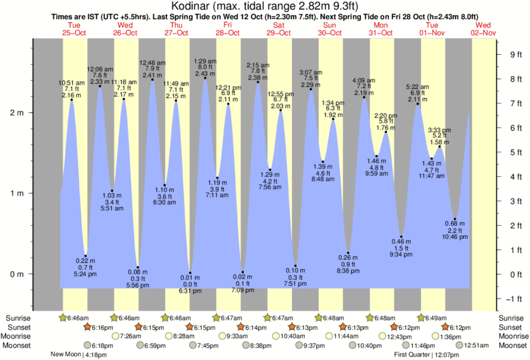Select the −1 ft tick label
click(x=513, y=299)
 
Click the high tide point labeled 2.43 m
click(x=205, y=78)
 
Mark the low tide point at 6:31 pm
click(x=190, y=273)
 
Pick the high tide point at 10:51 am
click(x=72, y=100)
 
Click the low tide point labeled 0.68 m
click(x=454, y=219)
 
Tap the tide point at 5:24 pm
click(x=85, y=256)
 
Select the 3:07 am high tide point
click(x=310, y=89)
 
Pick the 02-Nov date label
click(x=483, y=32)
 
